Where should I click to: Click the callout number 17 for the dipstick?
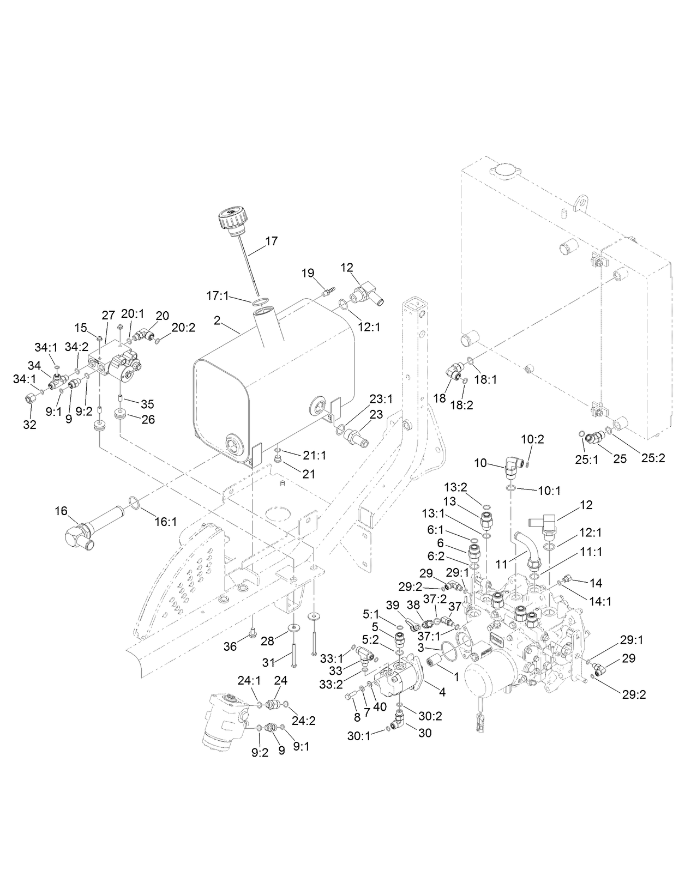click(272, 241)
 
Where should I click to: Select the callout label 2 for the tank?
click(217, 320)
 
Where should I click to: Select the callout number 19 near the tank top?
click(308, 273)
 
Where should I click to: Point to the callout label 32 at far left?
click(30, 425)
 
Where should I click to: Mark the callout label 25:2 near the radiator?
click(653, 458)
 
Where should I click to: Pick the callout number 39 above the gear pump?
click(393, 606)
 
